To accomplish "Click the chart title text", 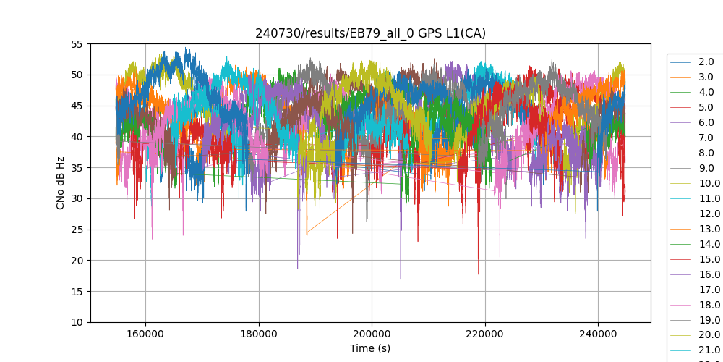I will coord(370,33).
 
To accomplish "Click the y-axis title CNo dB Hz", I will coord(61,183).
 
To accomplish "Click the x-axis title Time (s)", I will coord(370,348).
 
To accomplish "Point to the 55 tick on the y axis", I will coord(77,44).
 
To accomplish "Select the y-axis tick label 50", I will coord(77,75).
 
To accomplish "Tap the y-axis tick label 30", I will coord(77,198).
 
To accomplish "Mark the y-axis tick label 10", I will coord(77,322).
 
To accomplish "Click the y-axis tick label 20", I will coord(77,261).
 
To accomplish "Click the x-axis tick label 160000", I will coord(145,334).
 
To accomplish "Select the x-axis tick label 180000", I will coord(258,334).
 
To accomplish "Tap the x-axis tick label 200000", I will coord(372,334).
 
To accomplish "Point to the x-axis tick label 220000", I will coord(484,334).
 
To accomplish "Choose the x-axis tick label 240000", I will coord(598,334).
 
